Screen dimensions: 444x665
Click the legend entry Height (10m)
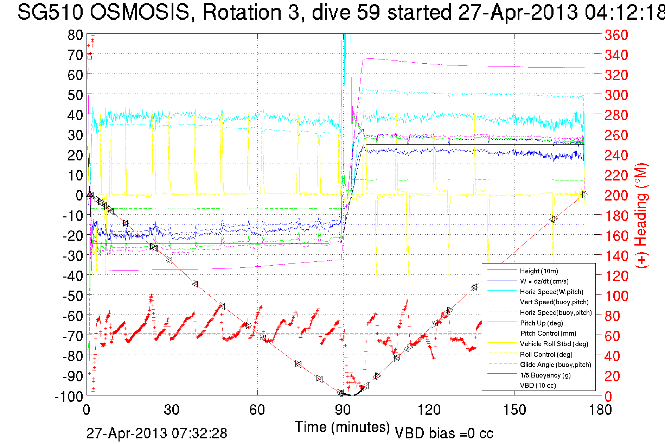tap(539, 271)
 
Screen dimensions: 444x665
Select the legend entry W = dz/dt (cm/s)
tap(544, 281)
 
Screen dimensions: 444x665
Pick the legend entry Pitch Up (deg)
tap(541, 323)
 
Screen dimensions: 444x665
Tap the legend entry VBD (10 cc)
tap(538, 386)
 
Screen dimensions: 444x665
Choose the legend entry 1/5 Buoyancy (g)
tap(545, 375)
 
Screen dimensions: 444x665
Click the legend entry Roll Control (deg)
tap(546, 354)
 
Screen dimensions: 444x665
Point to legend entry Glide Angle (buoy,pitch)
tap(555, 365)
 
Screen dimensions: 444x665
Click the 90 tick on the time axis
tap(343, 410)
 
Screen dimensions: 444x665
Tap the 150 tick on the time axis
tap(514, 410)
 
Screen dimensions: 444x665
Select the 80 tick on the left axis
tap(75, 35)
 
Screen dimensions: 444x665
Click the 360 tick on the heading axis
tap(616, 35)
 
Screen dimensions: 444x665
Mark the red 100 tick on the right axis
tap(616, 296)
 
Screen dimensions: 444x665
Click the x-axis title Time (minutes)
tap(342, 427)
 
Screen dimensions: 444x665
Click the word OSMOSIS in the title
tap(139, 12)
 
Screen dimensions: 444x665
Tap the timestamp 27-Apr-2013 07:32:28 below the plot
tap(157, 433)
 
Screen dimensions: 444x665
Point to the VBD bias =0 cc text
tap(444, 433)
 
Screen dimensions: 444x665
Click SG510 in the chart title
tap(50, 12)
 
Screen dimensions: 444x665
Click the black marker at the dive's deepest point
tap(340, 392)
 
